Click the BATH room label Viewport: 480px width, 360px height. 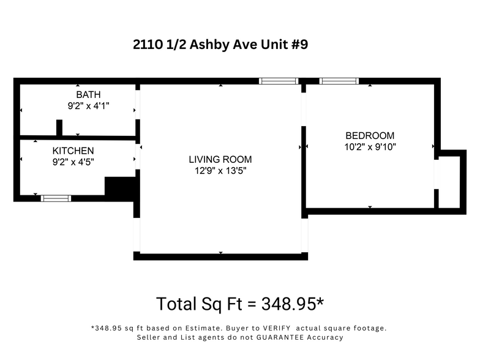pos(88,95)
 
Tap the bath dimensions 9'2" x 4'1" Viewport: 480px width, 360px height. pos(88,106)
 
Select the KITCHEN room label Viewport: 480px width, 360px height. pos(73,151)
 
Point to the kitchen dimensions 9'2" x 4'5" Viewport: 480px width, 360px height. pos(73,162)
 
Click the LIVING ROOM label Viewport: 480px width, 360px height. pos(220,159)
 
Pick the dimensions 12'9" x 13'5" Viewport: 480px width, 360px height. pos(220,171)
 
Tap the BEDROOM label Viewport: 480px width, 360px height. pos(370,135)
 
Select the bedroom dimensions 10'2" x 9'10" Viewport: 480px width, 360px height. pos(370,147)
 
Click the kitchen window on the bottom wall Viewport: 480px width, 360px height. pos(56,198)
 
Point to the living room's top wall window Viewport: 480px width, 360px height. pos(279,81)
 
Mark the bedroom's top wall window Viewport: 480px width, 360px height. pos(339,81)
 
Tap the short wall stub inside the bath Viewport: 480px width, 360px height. pos(59,128)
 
